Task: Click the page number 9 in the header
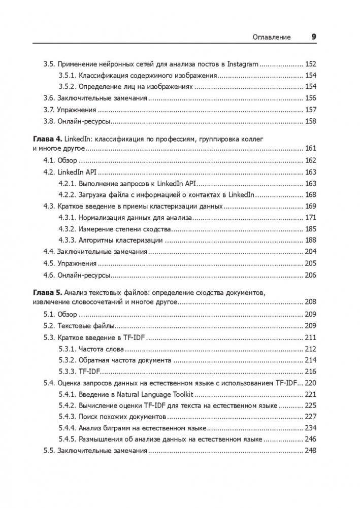(x=313, y=37)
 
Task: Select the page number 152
(x=310, y=64)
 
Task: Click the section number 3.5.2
(x=67, y=87)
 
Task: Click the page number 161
(x=310, y=148)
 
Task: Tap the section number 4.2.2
(x=67, y=195)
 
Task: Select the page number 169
(x=310, y=206)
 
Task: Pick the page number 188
(x=310, y=240)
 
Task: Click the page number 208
(x=310, y=302)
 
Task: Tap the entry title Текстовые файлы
(x=86, y=325)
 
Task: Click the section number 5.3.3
(x=67, y=371)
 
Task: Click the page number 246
(x=310, y=439)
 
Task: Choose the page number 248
(x=310, y=451)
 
